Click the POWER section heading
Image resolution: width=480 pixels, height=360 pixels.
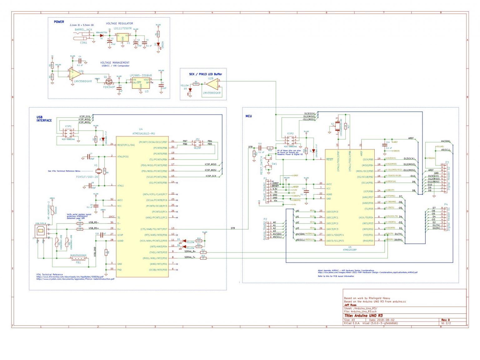[59, 22]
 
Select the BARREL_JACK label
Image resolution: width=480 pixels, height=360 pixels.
[83, 30]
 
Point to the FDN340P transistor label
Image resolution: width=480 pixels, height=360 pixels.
[109, 87]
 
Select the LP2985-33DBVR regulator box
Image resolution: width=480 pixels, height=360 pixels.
[140, 83]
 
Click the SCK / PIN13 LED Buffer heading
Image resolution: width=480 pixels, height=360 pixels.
[205, 74]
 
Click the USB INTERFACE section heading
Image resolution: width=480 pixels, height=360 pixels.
[44, 119]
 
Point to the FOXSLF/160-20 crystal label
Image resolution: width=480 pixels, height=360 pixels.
[87, 177]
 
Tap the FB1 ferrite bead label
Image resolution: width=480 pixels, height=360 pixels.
[78, 262]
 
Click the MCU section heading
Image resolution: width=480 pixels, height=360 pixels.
[248, 116]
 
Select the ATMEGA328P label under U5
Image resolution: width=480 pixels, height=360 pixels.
[350, 250]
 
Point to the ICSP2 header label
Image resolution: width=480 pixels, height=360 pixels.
[290, 133]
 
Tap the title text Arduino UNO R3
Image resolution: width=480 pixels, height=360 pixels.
[363, 316]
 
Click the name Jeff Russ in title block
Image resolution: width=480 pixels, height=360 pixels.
[350, 305]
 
